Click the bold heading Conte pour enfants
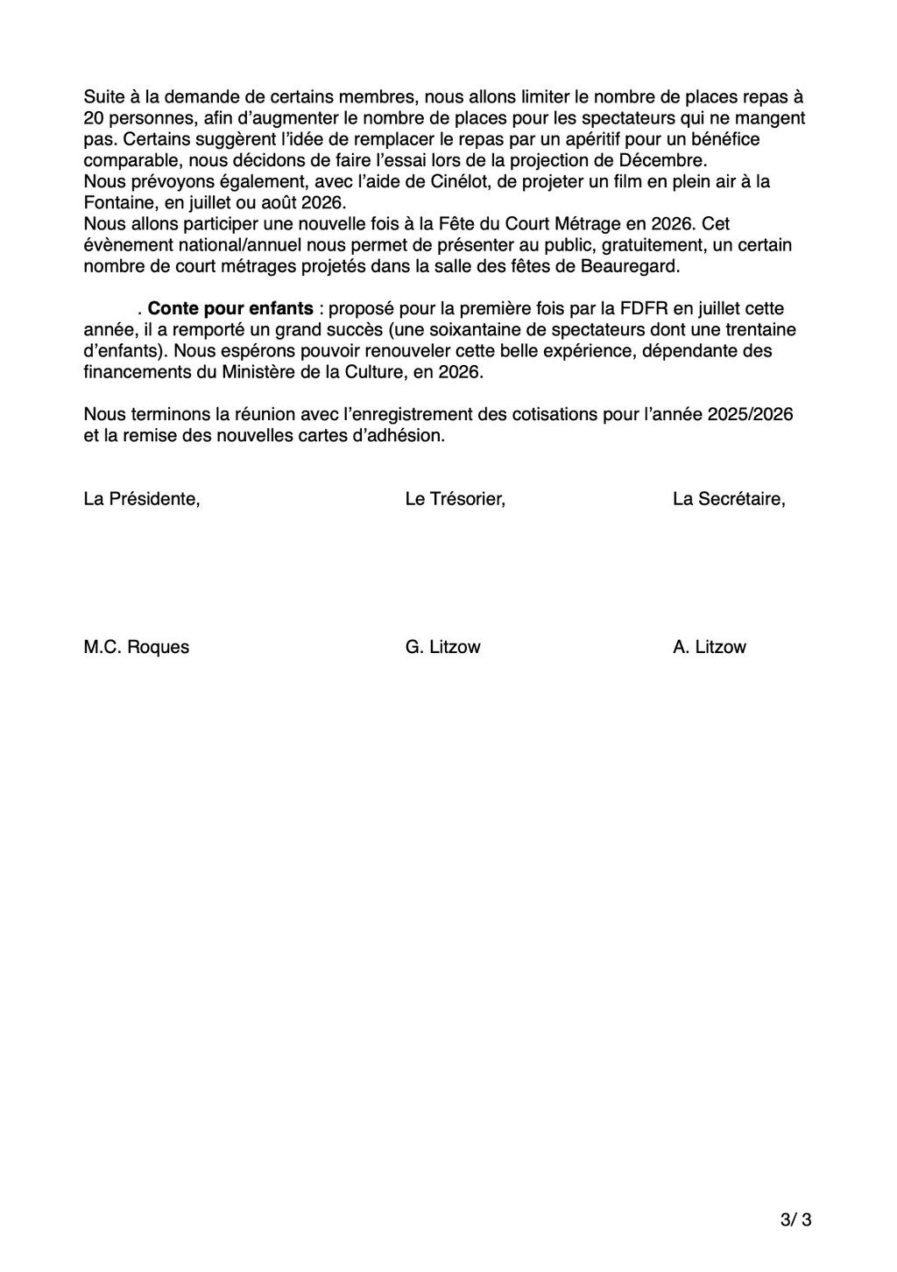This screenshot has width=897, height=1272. click(230, 309)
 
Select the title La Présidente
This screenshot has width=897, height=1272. click(141, 500)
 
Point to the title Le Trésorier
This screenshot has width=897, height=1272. click(455, 500)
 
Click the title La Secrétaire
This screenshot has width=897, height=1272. click(729, 500)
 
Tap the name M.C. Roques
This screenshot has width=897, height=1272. click(136, 648)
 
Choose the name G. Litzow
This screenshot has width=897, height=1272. click(442, 648)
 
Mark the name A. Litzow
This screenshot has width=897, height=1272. click(710, 648)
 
